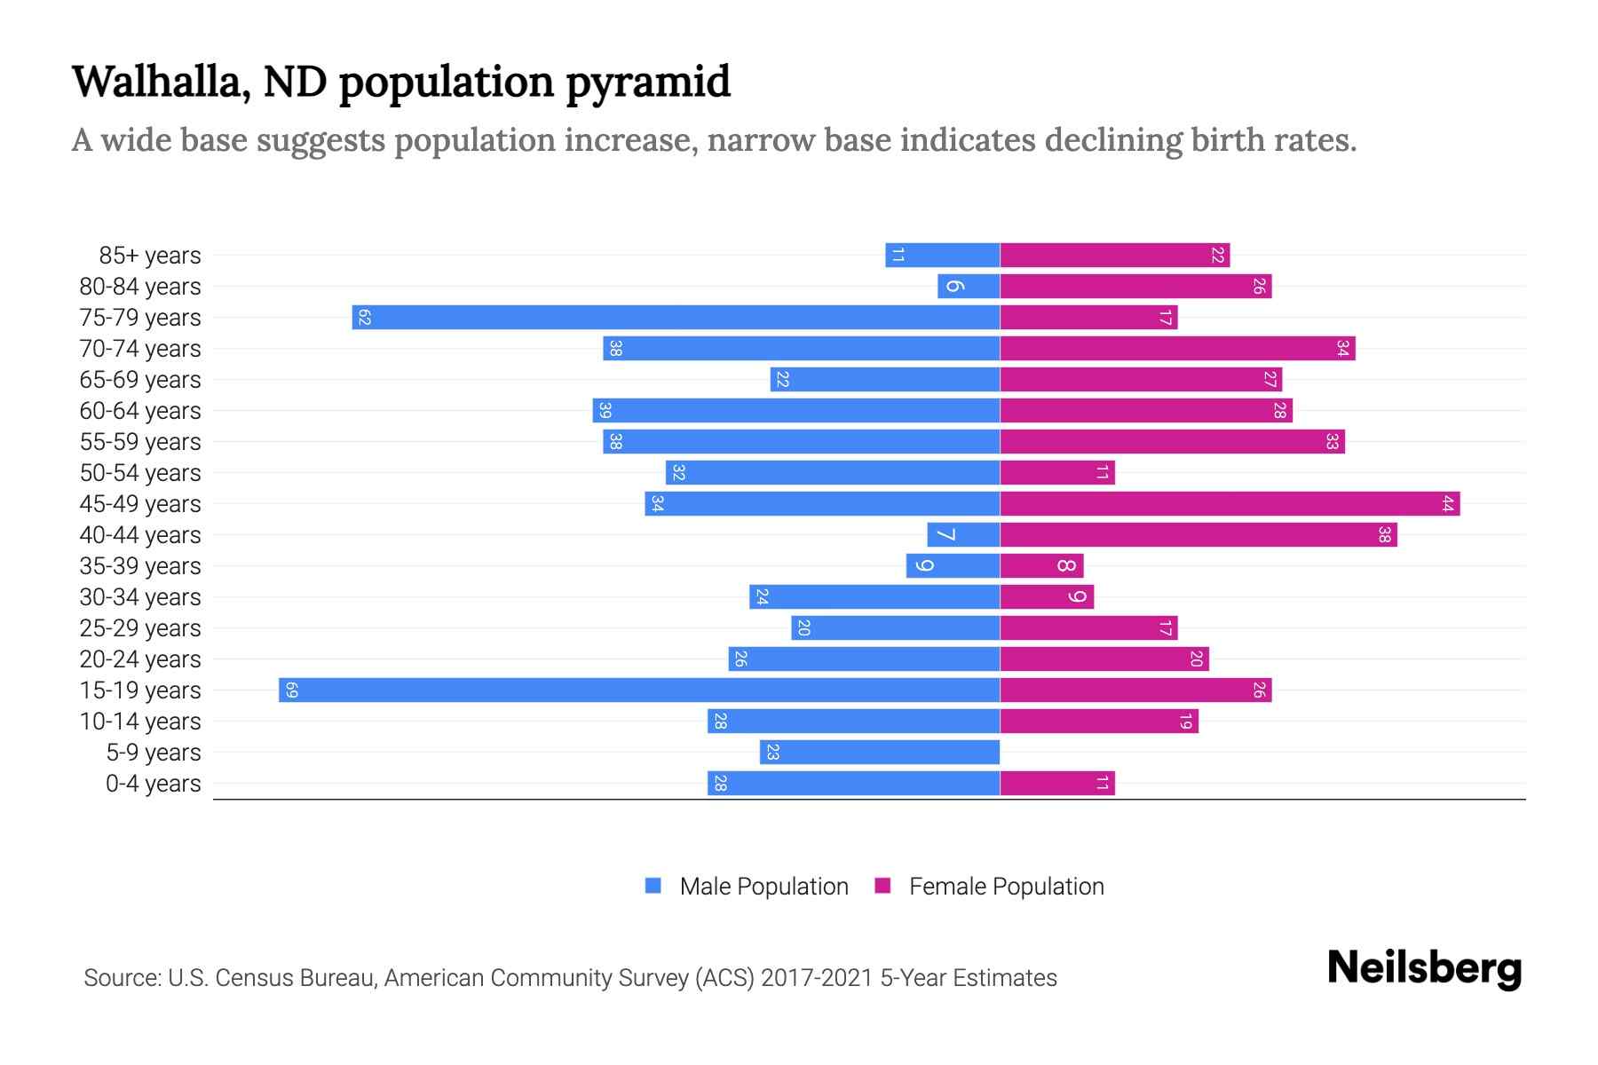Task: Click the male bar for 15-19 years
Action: tap(639, 690)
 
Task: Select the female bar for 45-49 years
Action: tap(1230, 504)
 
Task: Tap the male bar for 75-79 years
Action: tap(676, 318)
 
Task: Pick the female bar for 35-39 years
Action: tap(1041, 566)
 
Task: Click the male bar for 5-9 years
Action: tap(880, 753)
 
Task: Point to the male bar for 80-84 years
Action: tap(969, 287)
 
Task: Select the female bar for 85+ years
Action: tap(1114, 256)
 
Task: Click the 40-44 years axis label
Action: tap(140, 535)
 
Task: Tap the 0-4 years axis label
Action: tap(153, 784)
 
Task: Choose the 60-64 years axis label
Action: tap(140, 411)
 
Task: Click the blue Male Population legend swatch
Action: tap(653, 886)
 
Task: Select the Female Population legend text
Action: tap(1006, 887)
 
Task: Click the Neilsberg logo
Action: tap(1424, 968)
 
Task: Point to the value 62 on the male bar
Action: tap(364, 318)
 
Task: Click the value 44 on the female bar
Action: tap(1447, 504)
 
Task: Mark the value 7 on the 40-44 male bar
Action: tap(945, 535)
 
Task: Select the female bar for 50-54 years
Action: tap(1056, 473)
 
